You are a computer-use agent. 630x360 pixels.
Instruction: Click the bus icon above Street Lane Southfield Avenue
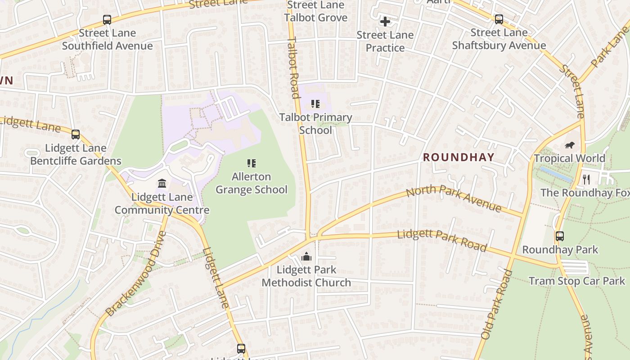point(107,20)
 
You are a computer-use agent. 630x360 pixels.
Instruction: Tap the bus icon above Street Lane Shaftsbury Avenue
point(499,19)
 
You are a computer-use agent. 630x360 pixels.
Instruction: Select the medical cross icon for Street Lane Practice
point(385,22)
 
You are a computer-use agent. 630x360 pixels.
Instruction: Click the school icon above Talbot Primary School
point(315,104)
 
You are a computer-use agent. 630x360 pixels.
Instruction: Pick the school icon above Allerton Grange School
point(252,163)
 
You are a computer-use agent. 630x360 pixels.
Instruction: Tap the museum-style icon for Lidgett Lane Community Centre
point(162,184)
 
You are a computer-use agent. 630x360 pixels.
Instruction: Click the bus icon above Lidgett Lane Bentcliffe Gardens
point(76,135)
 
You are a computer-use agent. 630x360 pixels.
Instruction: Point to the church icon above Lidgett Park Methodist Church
point(306,257)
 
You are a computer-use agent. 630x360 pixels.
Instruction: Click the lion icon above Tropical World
point(570,145)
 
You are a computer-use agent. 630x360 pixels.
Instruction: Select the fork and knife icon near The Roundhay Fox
point(586,180)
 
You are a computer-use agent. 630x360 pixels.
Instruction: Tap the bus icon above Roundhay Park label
point(560,236)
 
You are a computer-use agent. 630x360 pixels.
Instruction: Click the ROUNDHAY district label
point(459,157)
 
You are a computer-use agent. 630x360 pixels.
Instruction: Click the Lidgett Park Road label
point(442,240)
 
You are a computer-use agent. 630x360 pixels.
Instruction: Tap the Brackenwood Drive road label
point(135,274)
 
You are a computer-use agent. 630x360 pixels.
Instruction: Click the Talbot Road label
point(293,67)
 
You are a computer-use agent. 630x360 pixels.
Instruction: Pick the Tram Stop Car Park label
point(576,281)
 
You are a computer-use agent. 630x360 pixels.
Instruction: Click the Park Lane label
point(611,47)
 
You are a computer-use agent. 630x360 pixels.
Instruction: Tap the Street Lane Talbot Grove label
point(315,11)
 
